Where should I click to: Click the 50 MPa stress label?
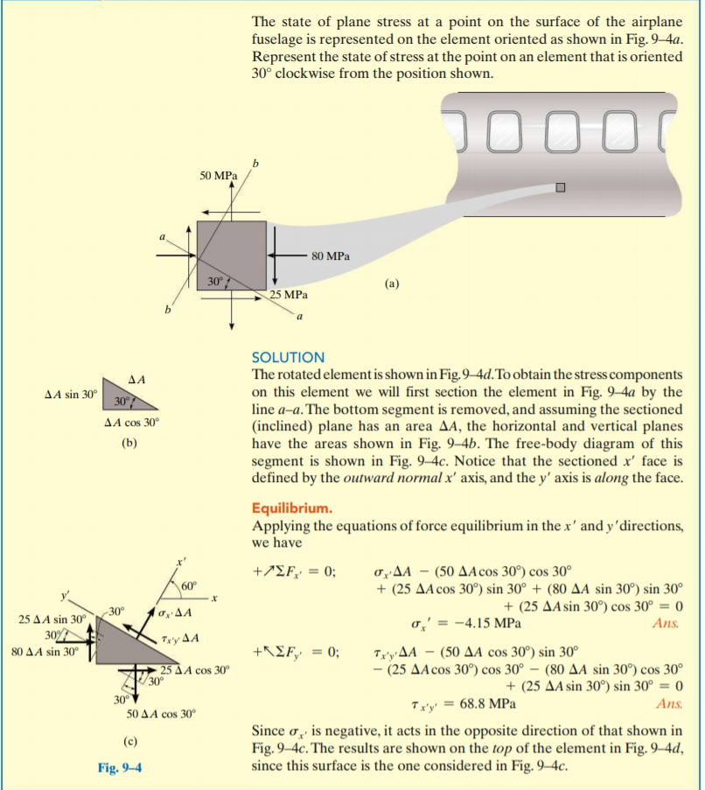218,176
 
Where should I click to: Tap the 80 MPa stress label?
330,257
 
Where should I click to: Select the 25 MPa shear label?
289,296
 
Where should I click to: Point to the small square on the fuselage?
561,187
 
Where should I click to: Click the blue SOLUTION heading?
288,358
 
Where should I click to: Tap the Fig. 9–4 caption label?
121,769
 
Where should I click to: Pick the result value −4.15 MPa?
486,624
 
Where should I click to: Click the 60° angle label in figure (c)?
191,585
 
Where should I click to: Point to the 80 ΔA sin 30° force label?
45,651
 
